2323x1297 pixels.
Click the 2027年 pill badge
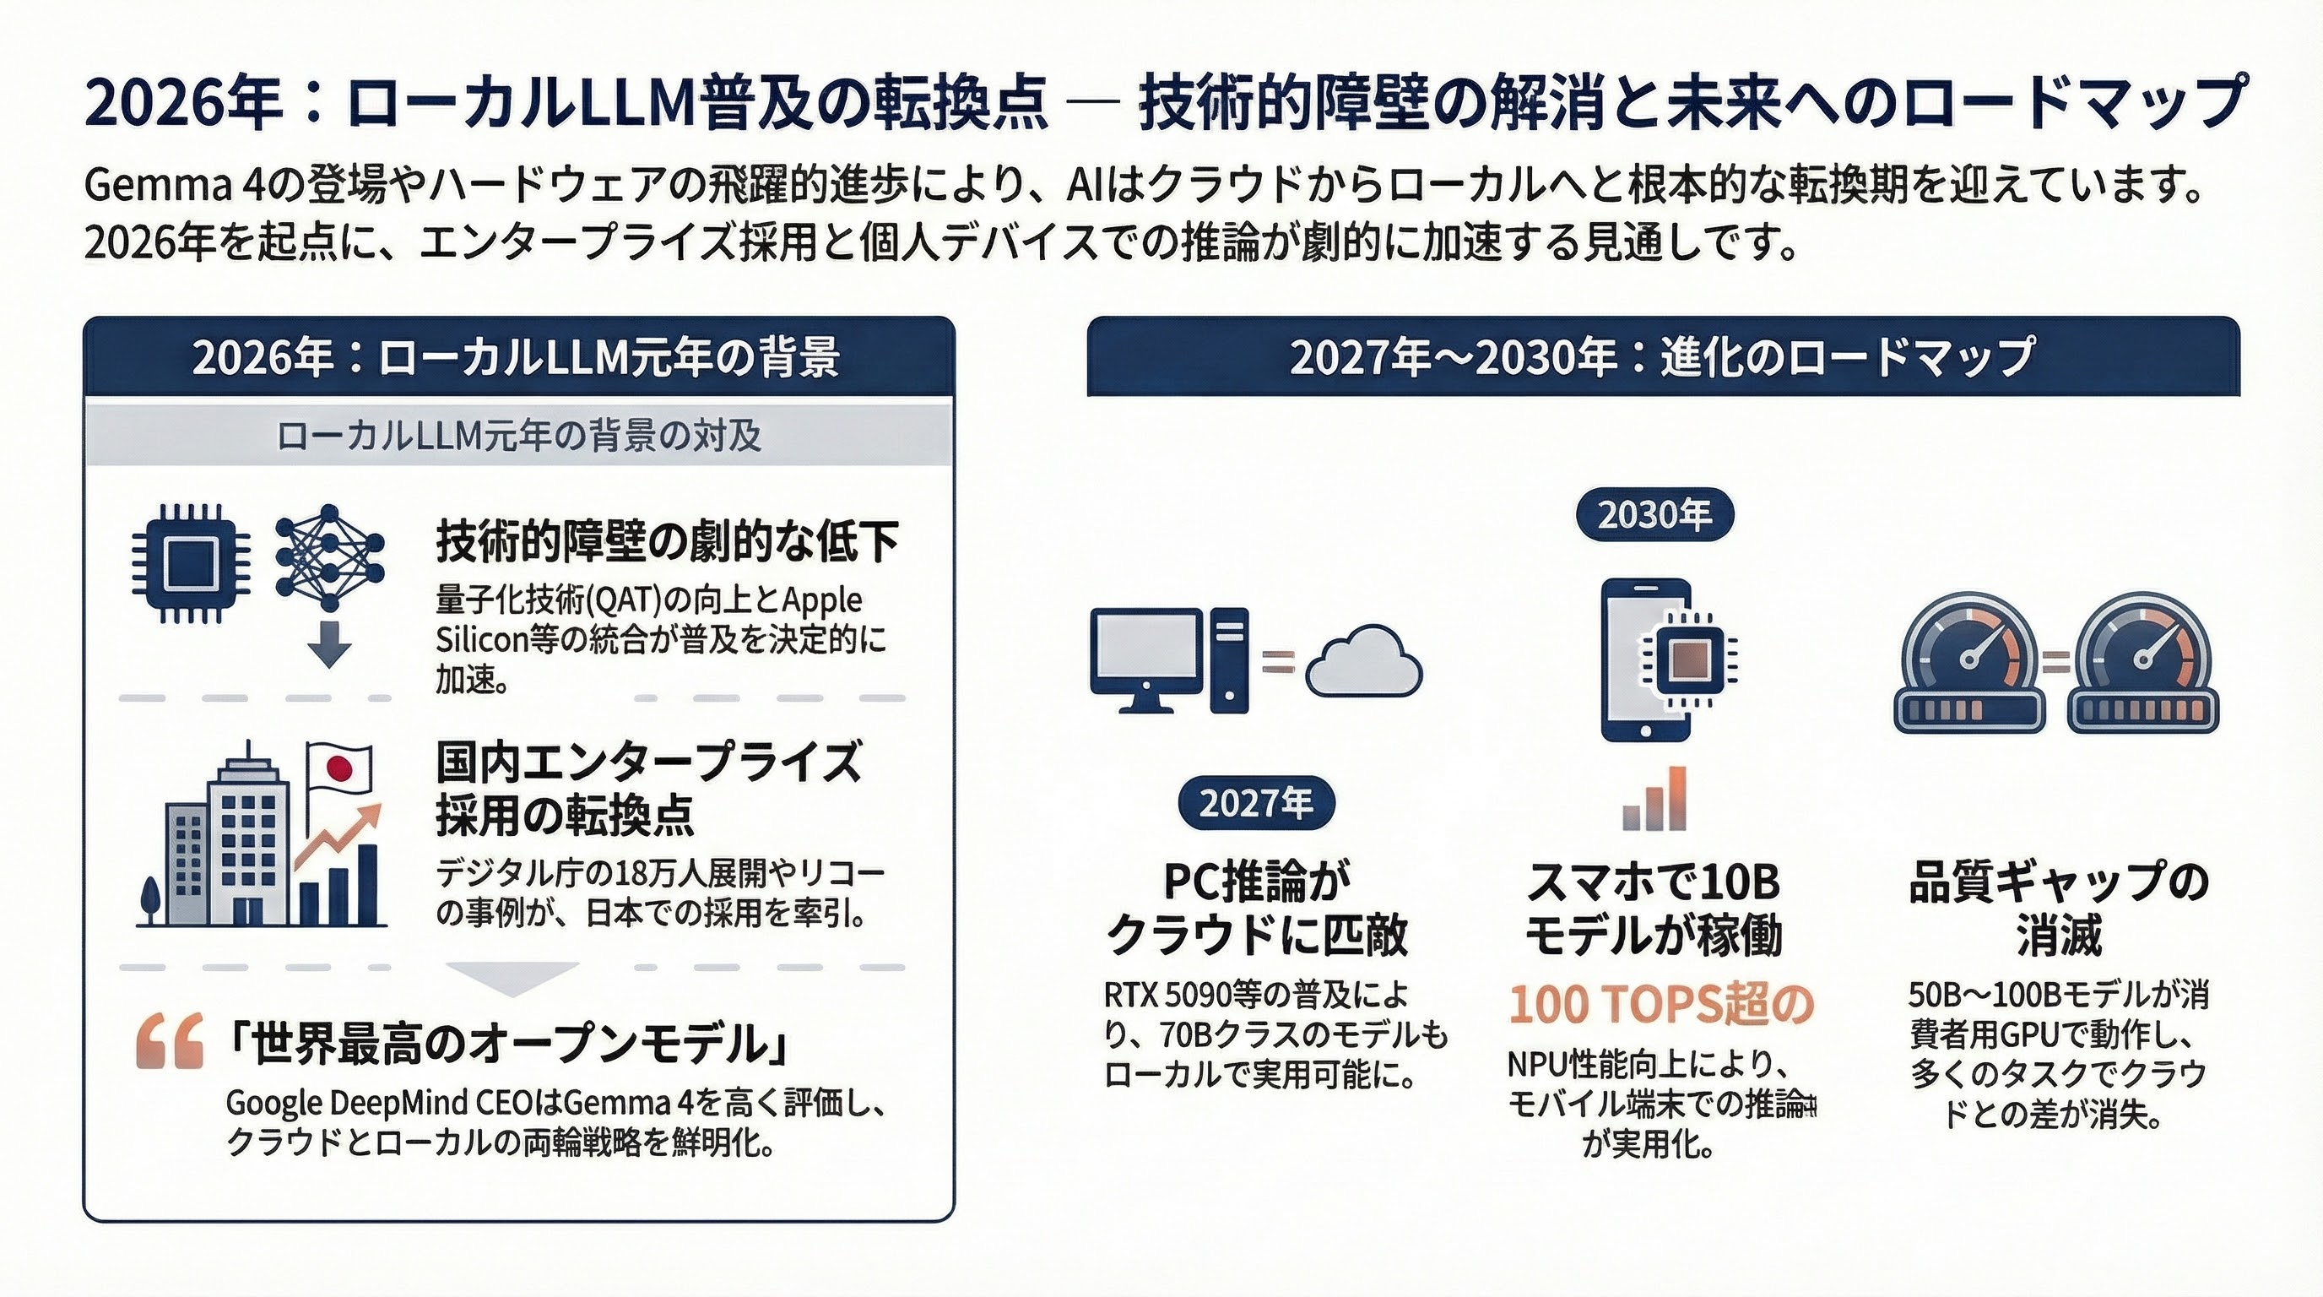click(1255, 802)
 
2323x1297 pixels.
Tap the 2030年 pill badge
click(1654, 515)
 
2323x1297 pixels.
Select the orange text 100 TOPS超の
click(1660, 1004)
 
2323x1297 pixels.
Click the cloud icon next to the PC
click(1363, 663)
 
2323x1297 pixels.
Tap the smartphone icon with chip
click(1647, 660)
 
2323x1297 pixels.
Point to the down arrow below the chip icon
click(329, 644)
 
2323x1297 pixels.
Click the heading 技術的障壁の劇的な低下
click(668, 542)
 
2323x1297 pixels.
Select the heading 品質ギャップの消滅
click(2059, 908)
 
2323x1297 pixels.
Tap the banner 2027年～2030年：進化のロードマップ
click(1662, 357)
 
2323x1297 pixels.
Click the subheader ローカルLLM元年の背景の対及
click(518, 437)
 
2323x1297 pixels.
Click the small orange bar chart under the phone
click(1654, 799)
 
